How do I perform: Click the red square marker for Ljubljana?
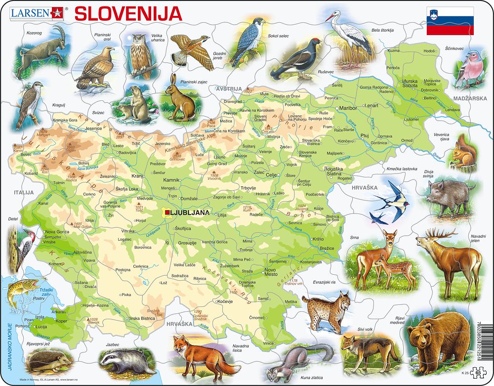168,213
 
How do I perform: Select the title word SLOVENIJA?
127,13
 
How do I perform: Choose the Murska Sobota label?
410,84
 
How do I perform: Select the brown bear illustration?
438,341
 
